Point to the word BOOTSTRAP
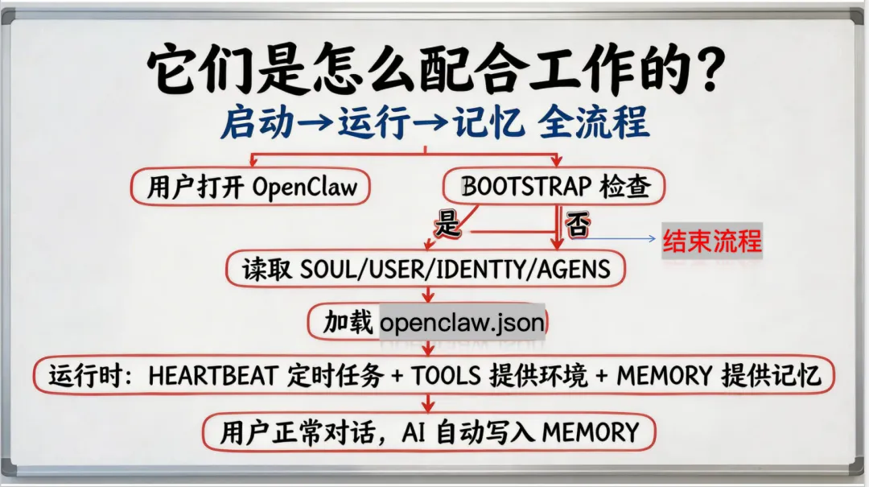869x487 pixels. coord(526,187)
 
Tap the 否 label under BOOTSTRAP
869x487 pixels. coord(576,225)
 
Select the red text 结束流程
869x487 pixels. coord(711,240)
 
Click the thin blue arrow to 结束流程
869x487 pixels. coord(616,239)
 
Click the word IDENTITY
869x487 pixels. coord(476,269)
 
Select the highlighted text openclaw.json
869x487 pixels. coord(462,323)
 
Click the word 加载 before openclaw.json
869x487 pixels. coord(348,323)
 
